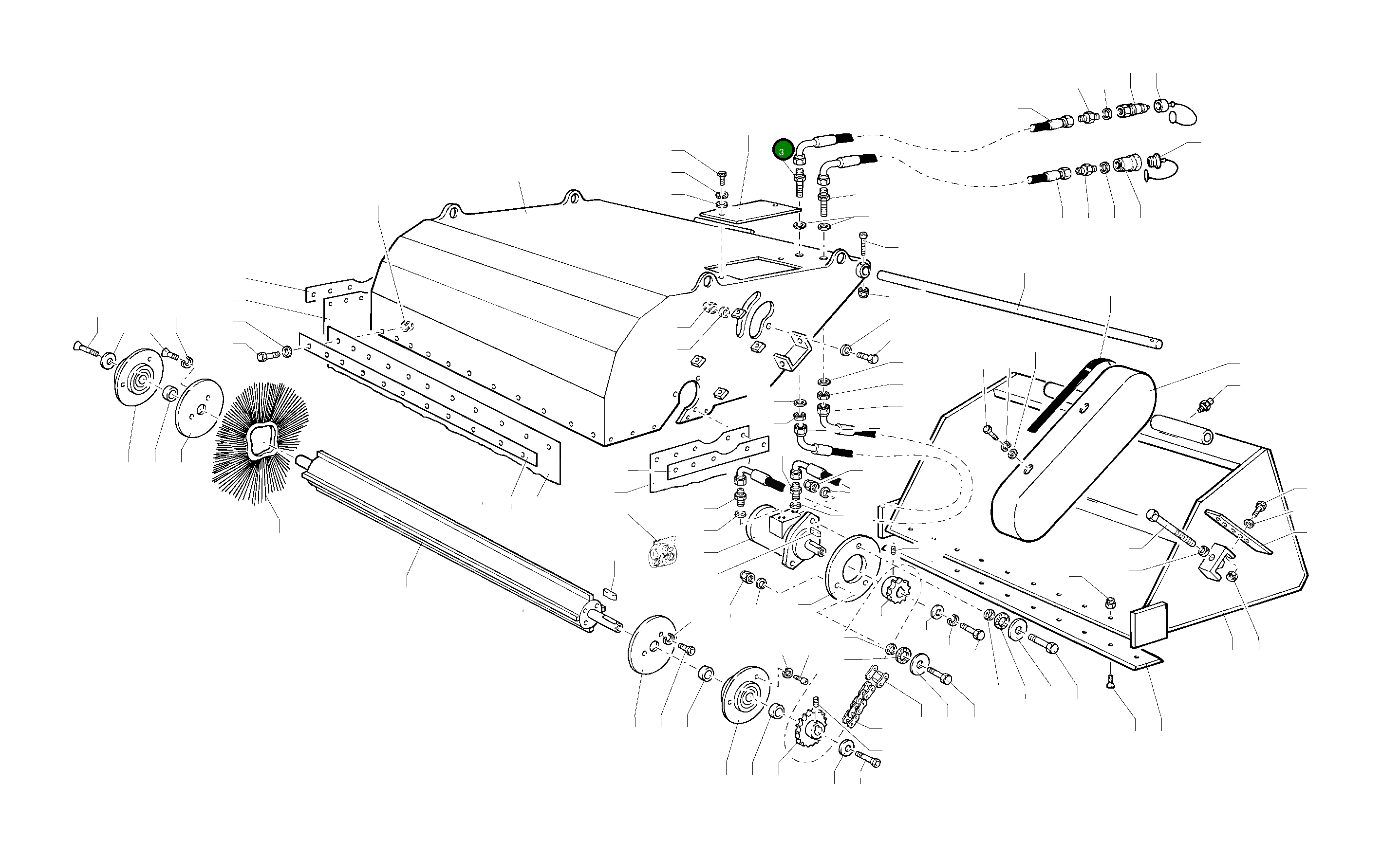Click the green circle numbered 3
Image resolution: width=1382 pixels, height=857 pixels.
[x=782, y=151]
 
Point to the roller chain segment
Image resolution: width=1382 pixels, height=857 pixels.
[x=864, y=697]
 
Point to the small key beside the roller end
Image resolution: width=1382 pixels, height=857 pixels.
[x=611, y=593]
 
